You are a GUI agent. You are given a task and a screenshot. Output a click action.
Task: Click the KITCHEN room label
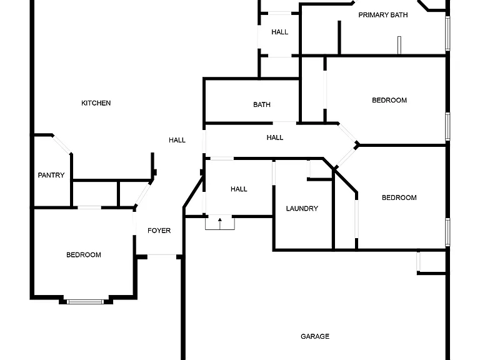coord(96,103)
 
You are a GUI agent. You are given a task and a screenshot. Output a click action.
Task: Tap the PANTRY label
coord(51,175)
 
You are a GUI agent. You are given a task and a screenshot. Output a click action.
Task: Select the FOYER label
coord(159,231)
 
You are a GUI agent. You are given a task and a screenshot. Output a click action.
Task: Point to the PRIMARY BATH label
coord(383,15)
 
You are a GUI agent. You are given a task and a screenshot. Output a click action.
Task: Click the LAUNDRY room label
coord(302,209)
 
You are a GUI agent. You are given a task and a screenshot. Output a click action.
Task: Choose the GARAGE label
coord(315,336)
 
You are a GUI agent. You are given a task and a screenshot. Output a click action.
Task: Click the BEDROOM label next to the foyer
coord(84,255)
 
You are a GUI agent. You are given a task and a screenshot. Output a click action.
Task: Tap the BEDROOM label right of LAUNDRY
coord(399,197)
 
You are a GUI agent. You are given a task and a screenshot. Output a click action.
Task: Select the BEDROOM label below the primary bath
coord(389,100)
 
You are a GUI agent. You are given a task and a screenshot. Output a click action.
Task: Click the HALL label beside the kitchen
coord(177,140)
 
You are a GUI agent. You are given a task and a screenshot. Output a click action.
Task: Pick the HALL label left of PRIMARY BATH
coord(279,32)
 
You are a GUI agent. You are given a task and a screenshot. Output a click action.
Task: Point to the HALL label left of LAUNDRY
coord(239,189)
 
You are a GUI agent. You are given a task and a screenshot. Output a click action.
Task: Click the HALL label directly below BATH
coord(274,137)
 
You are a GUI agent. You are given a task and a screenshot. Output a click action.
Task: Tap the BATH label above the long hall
coord(262,105)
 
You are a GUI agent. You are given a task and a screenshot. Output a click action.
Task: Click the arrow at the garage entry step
coord(220,224)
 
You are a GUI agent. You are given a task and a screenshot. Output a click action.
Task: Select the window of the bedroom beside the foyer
coord(86,302)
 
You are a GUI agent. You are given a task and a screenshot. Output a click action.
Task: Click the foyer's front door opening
coord(162,255)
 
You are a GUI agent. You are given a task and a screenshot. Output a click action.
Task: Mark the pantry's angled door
coord(62,144)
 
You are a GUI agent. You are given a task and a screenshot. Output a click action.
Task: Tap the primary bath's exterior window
coord(447,33)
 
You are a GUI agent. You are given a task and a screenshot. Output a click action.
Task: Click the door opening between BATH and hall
coord(284,122)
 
